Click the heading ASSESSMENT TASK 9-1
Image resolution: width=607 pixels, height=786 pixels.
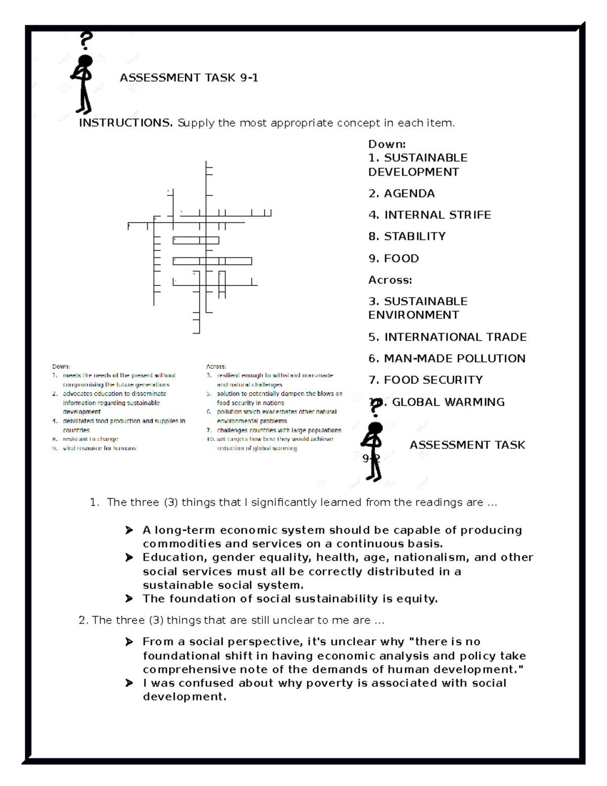[x=189, y=78]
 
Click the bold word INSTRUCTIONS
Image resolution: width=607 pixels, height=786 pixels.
[x=125, y=123]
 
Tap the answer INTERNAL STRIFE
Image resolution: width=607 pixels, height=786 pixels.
[x=430, y=215]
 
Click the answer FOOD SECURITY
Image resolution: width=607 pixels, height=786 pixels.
[x=426, y=380]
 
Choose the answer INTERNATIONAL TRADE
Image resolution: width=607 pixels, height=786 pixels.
[x=448, y=337]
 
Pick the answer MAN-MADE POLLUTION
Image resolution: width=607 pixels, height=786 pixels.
[x=447, y=358]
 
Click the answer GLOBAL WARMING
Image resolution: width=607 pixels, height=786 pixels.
[x=448, y=402]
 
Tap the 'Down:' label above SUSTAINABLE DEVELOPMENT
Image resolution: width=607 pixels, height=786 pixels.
[x=387, y=144]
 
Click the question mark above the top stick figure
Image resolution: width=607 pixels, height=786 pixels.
[x=87, y=40]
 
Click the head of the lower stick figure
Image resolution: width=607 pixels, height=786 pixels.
[x=375, y=429]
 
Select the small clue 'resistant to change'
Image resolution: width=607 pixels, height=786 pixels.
[x=90, y=439]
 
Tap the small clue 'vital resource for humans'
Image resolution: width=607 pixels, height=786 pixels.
[x=99, y=448]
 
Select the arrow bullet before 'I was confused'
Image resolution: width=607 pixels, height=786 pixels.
[x=129, y=683]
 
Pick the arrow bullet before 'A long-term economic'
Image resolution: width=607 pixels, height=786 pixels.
[x=129, y=530]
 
